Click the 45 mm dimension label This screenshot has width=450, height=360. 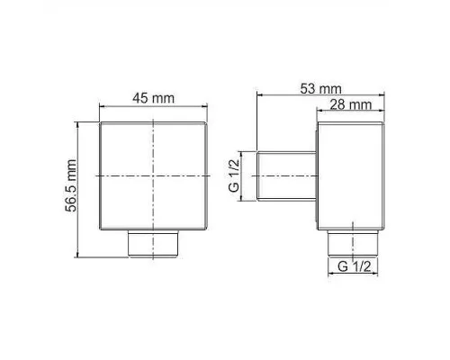(x=153, y=98)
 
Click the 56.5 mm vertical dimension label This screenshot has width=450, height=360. (x=71, y=185)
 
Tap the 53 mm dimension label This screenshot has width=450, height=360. (x=320, y=89)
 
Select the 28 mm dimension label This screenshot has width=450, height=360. (x=351, y=105)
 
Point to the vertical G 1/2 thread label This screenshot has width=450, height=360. (x=234, y=175)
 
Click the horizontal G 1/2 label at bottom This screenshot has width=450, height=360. (x=354, y=266)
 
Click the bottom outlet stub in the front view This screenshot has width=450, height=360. (x=153, y=243)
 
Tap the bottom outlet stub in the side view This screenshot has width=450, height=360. (x=353, y=243)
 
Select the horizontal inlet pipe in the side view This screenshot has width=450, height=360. (x=287, y=175)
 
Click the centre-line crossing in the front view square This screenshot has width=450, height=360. (x=153, y=175)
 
